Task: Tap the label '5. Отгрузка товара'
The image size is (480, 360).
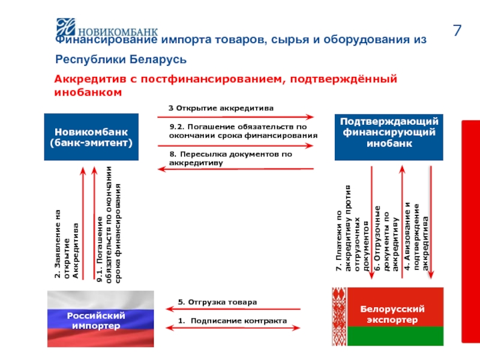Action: (x=217, y=302)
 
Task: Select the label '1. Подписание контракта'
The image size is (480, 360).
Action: (x=234, y=321)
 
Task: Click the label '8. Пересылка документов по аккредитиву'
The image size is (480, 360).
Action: (x=230, y=158)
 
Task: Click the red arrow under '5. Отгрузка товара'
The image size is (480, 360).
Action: (x=235, y=310)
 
